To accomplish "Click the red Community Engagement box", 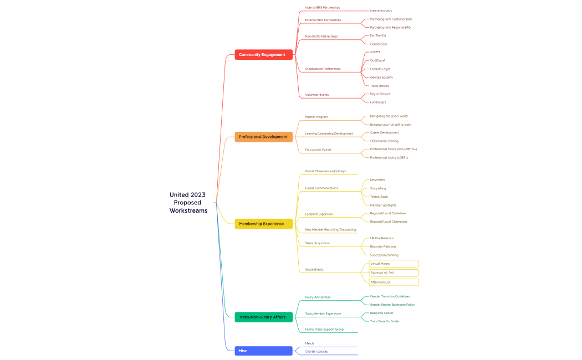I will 263,55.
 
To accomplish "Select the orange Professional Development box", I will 263,137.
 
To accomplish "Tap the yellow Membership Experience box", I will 263,224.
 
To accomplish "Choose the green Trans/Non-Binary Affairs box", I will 263,317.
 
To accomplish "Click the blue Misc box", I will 263,351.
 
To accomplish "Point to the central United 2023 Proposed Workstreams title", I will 188,203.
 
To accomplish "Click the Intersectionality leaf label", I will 381,11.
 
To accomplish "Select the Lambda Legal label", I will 380,69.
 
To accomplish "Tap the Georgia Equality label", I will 381,78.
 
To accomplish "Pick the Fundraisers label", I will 378,102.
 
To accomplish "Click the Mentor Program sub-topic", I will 316,117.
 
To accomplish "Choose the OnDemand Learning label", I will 384,141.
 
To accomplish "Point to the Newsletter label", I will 377,180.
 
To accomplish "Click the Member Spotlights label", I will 383,205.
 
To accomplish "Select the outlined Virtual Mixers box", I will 394,264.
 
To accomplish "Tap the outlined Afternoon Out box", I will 394,282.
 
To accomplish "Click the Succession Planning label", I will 384,255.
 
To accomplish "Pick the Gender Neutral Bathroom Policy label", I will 392,305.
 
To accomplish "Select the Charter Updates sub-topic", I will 316,352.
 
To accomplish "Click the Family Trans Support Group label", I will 324,330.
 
